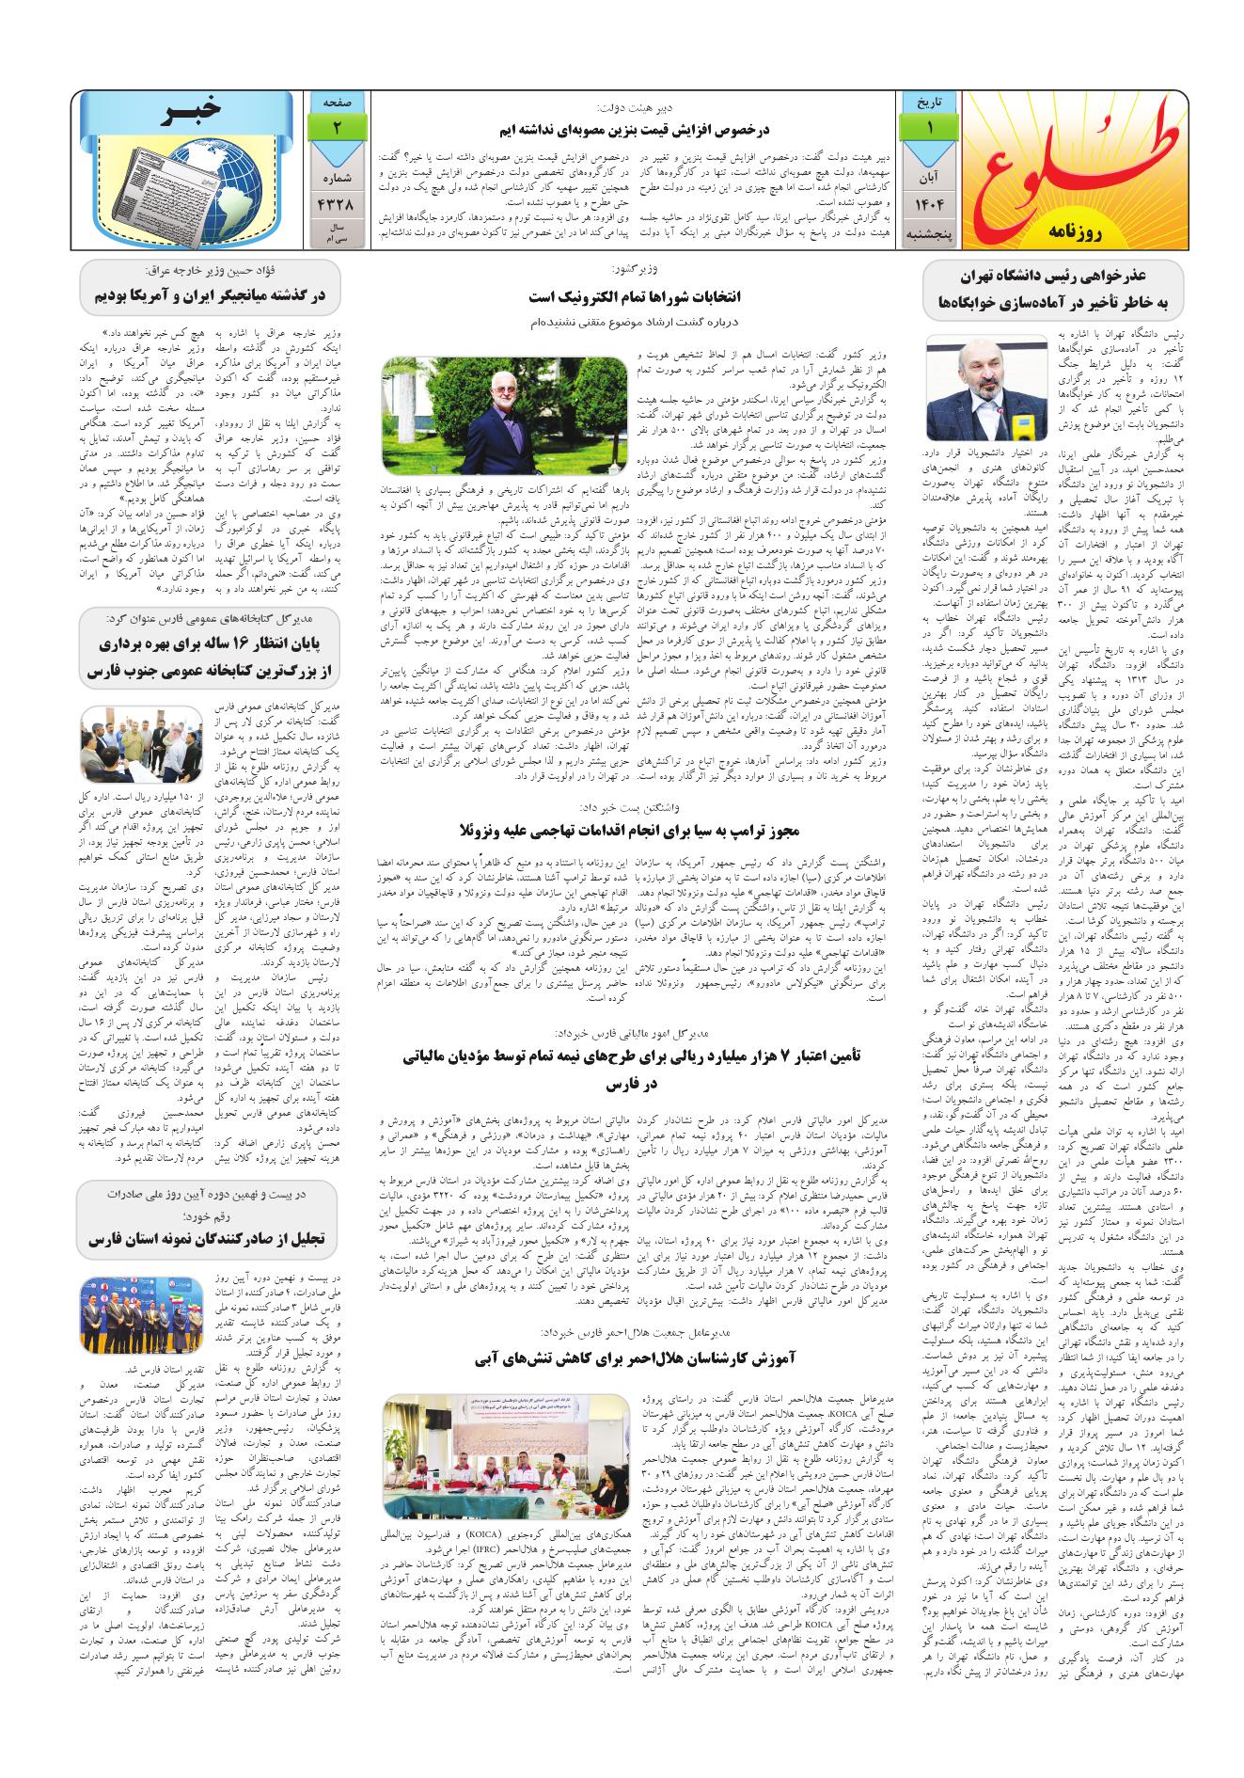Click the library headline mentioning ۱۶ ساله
coord(208,658)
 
